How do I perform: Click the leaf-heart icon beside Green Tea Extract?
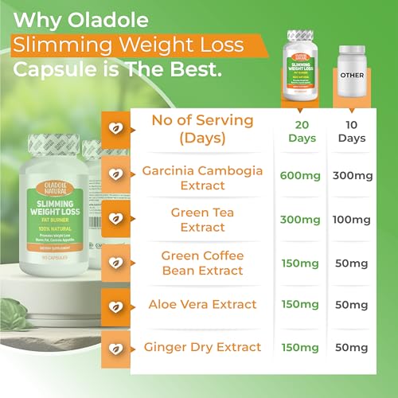(115, 217)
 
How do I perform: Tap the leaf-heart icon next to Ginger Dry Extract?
(115, 348)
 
